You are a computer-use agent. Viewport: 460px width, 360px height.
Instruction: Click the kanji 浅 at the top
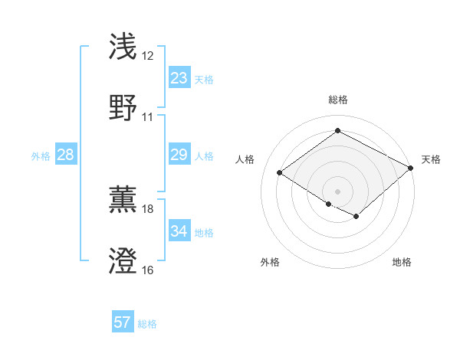pos(124,47)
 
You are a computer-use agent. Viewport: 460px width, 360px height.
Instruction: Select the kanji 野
pos(124,108)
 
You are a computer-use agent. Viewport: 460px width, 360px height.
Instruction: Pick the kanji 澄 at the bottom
pos(124,261)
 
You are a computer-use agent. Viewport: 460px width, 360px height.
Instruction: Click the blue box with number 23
pos(179,78)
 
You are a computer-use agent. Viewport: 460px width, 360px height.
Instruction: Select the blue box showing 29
pos(179,155)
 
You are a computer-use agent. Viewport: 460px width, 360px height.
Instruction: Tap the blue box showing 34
pos(179,231)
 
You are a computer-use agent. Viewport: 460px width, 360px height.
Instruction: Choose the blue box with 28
pos(66,155)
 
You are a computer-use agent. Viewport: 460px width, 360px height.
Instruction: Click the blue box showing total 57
pos(123,322)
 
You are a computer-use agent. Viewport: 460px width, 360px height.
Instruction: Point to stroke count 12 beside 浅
pos(147,56)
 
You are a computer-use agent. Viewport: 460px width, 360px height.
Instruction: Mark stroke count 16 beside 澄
pos(147,270)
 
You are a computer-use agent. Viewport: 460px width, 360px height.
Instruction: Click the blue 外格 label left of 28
pos(41,155)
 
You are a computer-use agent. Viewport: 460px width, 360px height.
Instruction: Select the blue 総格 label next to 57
pos(147,323)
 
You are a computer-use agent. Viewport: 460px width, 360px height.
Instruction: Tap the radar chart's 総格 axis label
pos(337,100)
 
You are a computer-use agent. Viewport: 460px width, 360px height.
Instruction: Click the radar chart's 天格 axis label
pos(431,159)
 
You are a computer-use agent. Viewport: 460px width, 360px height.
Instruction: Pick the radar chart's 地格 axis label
pos(402,262)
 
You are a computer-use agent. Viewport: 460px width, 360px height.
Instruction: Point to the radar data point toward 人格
pos(280,172)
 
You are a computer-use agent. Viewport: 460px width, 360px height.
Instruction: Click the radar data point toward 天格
pos(412,168)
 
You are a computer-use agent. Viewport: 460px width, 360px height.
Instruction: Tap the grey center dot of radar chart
pos(337,191)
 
